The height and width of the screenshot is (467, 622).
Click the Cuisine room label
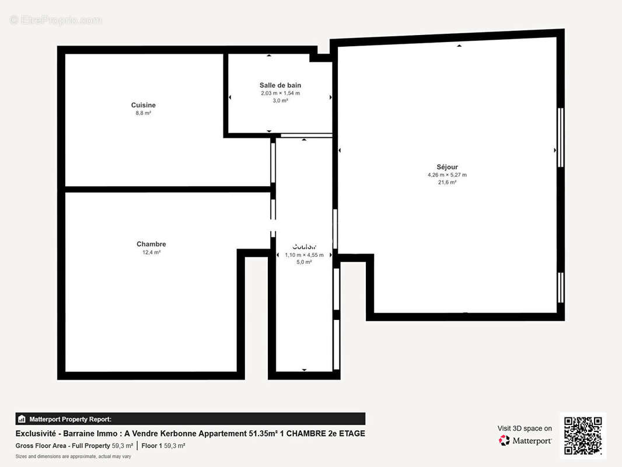(143, 105)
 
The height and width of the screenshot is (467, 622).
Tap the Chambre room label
(151, 244)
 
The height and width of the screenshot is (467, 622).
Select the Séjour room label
(447, 167)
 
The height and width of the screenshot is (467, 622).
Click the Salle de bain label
(280, 85)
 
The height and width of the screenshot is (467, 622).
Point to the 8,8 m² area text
(143, 113)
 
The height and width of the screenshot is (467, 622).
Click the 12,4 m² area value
(151, 252)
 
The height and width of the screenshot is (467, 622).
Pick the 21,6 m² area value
(447, 182)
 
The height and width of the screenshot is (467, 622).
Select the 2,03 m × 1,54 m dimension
(280, 93)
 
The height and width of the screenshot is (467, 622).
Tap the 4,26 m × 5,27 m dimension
(447, 175)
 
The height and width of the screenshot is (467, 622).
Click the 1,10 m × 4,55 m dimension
(304, 255)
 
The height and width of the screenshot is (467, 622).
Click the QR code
(582, 435)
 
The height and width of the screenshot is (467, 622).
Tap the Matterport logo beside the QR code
(525, 441)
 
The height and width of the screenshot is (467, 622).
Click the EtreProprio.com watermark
(56, 20)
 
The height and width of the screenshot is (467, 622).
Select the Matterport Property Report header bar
(190, 419)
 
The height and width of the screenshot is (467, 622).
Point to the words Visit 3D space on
(525, 428)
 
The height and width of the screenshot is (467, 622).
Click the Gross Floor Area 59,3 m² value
(122, 445)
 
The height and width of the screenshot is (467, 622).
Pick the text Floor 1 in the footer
(151, 445)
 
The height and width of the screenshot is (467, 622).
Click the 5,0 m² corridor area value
(304, 262)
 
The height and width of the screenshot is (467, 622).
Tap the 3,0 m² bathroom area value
(280, 100)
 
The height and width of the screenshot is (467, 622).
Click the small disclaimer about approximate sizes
(73, 456)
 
